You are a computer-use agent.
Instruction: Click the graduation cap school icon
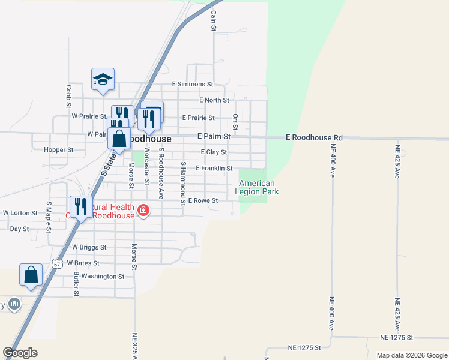(103, 79)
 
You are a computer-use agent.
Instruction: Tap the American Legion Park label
(257, 187)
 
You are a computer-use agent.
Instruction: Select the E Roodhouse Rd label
(314, 137)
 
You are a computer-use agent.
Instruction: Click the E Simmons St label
(193, 85)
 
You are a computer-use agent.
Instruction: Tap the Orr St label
(235, 122)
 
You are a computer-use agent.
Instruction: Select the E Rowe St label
(203, 200)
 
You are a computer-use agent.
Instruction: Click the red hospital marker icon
(143, 210)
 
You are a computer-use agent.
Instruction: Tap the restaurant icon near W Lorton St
(80, 206)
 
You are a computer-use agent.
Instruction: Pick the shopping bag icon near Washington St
(31, 275)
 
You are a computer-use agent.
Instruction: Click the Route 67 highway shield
(56, 263)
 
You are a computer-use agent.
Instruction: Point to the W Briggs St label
(89, 247)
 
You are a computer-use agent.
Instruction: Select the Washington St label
(103, 277)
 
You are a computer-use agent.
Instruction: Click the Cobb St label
(68, 95)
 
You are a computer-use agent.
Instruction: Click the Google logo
(20, 353)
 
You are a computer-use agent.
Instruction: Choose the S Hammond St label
(183, 183)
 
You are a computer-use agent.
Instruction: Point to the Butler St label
(77, 284)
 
